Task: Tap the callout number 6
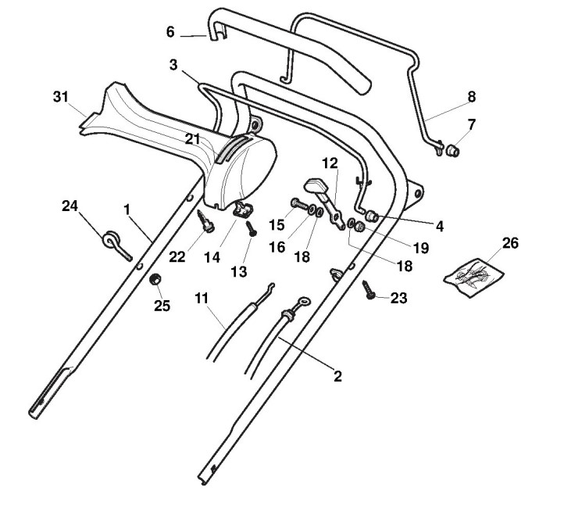tap(170, 32)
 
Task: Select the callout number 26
tap(510, 243)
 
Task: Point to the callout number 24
tap(70, 206)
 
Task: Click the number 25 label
tap(161, 306)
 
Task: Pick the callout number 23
tap(398, 298)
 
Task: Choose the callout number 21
tap(192, 138)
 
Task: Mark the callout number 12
tap(330, 163)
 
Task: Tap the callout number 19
tap(421, 248)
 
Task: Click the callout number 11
tap(202, 298)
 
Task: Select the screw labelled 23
tap(369, 289)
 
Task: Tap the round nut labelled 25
tap(155, 280)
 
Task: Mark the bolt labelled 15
tap(302, 206)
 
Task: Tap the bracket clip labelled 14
tap(245, 209)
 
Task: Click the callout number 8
tap(471, 97)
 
